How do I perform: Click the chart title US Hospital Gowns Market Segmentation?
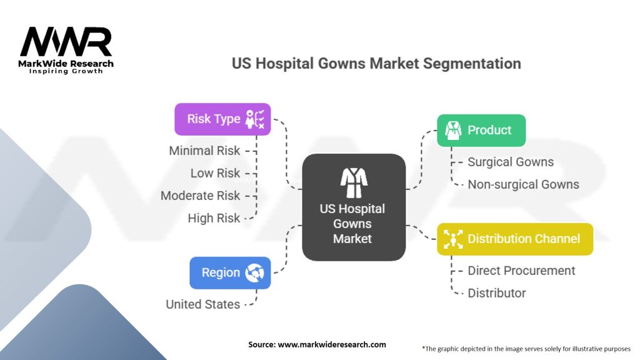pyautogui.click(x=376, y=64)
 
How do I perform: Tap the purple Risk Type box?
pyautogui.click(x=222, y=119)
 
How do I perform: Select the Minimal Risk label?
pyautogui.click(x=204, y=151)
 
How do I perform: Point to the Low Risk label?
pyautogui.click(x=215, y=173)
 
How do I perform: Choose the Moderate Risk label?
pyautogui.click(x=200, y=196)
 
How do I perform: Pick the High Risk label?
pyautogui.click(x=214, y=218)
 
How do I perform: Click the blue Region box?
pyautogui.click(x=230, y=272)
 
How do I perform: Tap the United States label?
pyautogui.click(x=202, y=304)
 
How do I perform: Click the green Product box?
pyautogui.click(x=481, y=130)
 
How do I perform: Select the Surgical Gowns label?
pyautogui.click(x=511, y=162)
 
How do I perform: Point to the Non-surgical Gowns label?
pyautogui.click(x=523, y=184)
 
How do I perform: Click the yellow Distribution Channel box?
pyautogui.click(x=514, y=239)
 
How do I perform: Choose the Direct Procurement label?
pyautogui.click(x=521, y=271)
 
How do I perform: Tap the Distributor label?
pyautogui.click(x=497, y=293)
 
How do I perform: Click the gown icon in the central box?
pyautogui.click(x=354, y=182)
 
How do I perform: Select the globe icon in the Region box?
pyautogui.click(x=255, y=272)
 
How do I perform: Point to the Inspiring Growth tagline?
pyautogui.click(x=66, y=71)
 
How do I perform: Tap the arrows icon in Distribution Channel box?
pyautogui.click(x=452, y=239)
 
